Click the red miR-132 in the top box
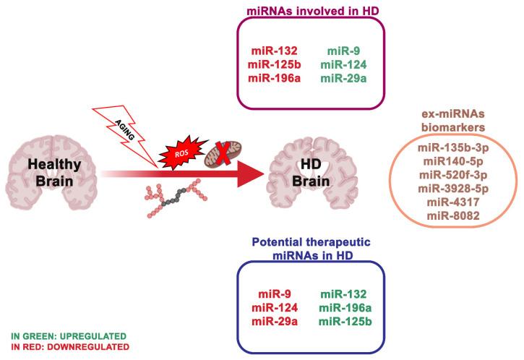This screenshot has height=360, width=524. [x=270, y=52]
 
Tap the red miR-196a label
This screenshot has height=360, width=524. [x=270, y=78]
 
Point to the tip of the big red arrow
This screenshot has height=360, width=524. [x=259, y=174]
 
